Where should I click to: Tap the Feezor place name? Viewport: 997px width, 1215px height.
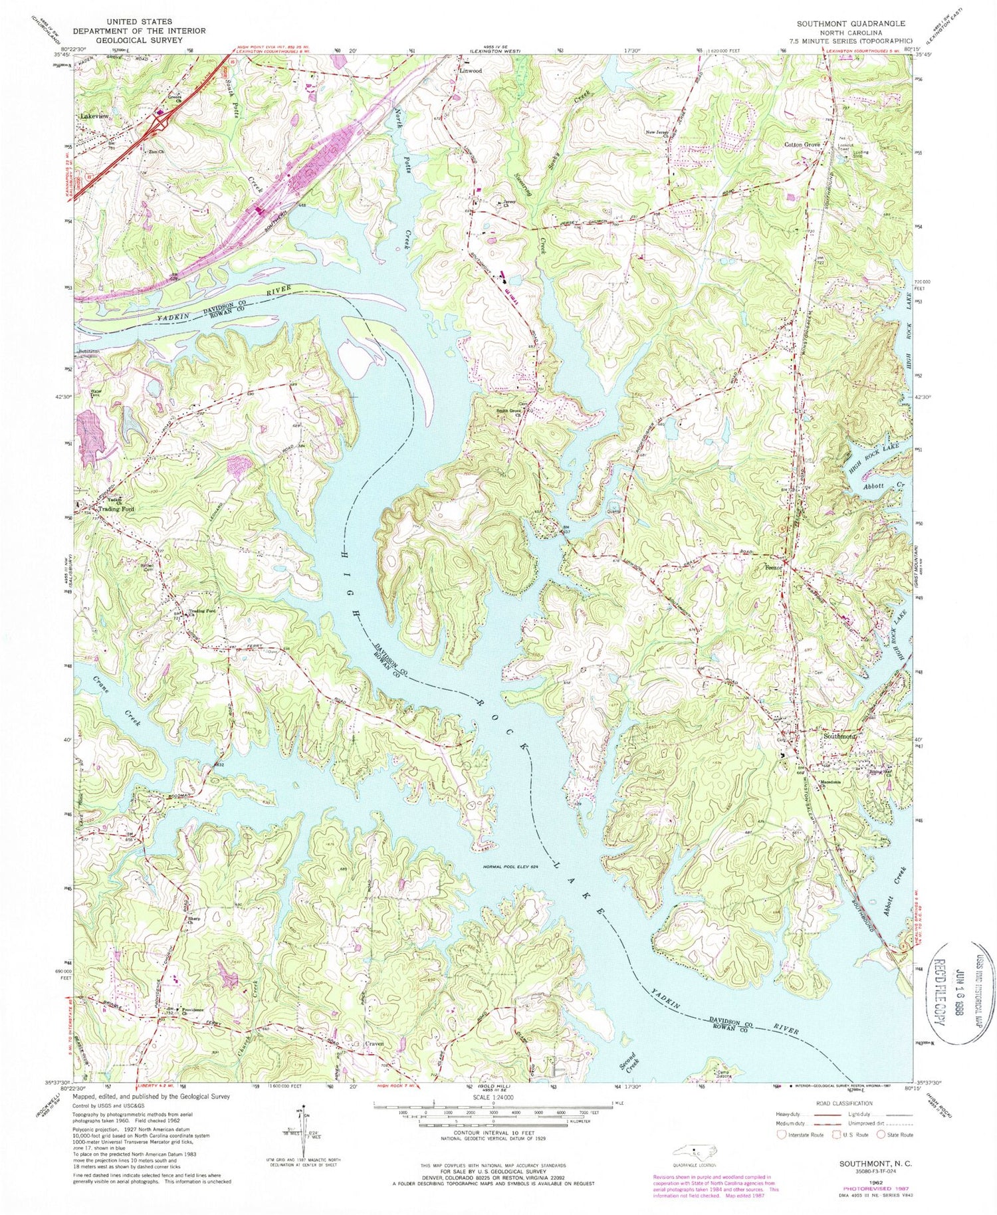(x=772, y=568)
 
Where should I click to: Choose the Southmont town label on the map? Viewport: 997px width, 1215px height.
(x=839, y=736)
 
